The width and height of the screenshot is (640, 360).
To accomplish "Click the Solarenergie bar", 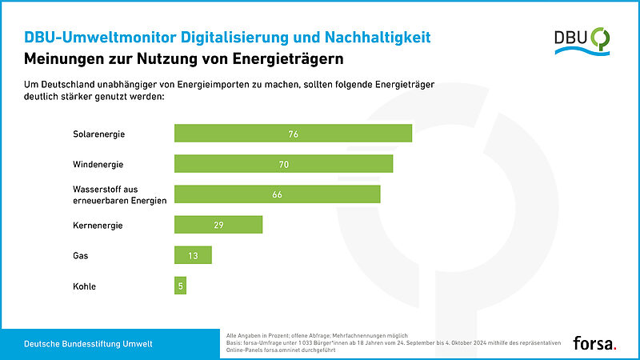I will [x=293, y=134].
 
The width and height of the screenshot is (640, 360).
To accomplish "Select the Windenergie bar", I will [x=283, y=163].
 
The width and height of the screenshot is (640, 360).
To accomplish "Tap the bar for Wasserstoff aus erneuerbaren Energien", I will [x=277, y=194].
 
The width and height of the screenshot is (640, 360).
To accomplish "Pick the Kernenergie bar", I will [x=218, y=225].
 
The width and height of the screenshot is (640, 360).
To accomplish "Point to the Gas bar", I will [x=193, y=255].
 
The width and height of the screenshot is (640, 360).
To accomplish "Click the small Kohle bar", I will [x=180, y=286].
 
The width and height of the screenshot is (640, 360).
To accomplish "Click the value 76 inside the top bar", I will [x=294, y=134].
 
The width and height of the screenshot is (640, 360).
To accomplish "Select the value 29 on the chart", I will [x=218, y=225].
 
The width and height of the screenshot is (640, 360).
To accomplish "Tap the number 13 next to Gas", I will [x=193, y=255].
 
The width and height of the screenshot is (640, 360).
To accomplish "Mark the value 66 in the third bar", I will [x=278, y=194].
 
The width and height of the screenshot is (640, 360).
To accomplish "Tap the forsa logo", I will [x=594, y=343].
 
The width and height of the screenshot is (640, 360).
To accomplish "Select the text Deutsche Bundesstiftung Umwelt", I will [x=88, y=343].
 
